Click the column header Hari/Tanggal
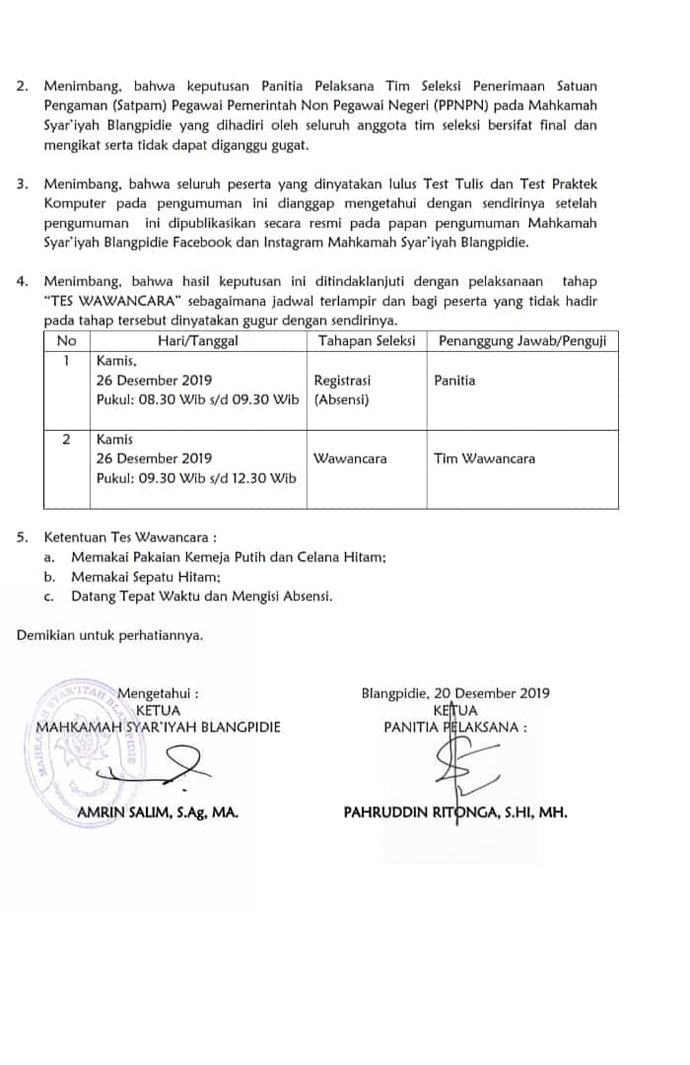(x=198, y=341)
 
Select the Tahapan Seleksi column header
(x=366, y=341)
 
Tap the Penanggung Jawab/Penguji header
(x=520, y=341)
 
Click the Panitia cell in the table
(x=454, y=380)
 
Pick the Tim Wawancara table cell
(x=473, y=459)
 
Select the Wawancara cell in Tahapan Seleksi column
(x=350, y=459)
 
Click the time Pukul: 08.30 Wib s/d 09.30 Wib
(x=197, y=399)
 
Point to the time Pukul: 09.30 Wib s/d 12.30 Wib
(x=196, y=478)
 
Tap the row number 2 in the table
(x=66, y=440)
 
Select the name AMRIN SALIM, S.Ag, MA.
(x=158, y=814)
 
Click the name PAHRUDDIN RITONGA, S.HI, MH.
(x=454, y=814)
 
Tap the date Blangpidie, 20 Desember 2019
(x=455, y=693)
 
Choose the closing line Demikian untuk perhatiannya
(x=109, y=635)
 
